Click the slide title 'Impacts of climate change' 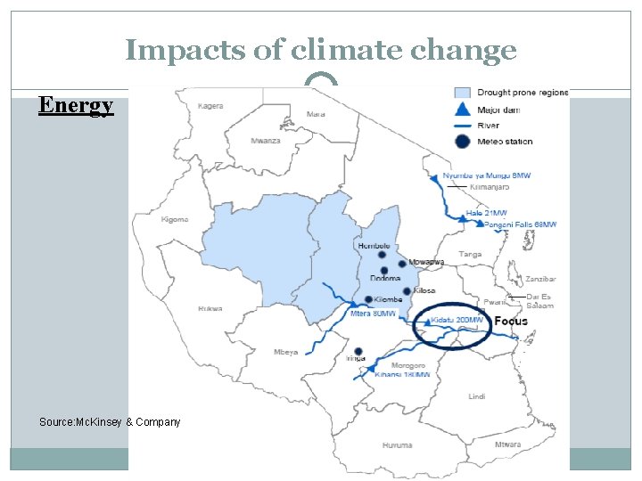click(x=320, y=51)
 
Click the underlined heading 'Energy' click(x=76, y=106)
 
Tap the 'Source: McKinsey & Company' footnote click(x=110, y=421)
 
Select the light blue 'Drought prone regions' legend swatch click(x=462, y=93)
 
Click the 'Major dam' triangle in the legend click(x=462, y=110)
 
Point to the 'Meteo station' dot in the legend click(x=462, y=142)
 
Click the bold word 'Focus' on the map click(x=511, y=321)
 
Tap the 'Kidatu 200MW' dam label click(x=457, y=320)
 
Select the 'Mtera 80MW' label click(x=374, y=314)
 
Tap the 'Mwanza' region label click(x=265, y=141)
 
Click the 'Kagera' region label click(x=210, y=105)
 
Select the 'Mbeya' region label click(x=285, y=352)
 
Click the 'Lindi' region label click(x=476, y=395)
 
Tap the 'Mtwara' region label click(x=508, y=444)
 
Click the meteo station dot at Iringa click(x=358, y=351)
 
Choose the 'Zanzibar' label click(x=541, y=279)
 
